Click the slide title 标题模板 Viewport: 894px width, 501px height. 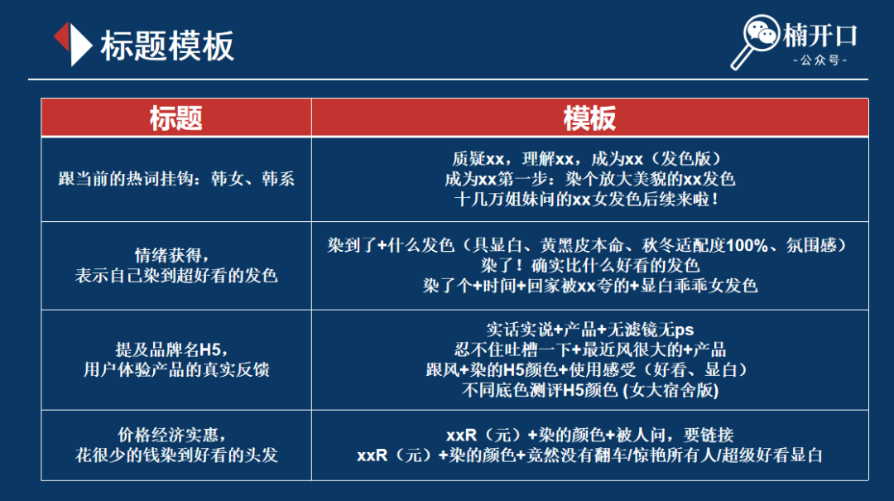pos(167,46)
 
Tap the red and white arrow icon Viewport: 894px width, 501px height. pos(72,44)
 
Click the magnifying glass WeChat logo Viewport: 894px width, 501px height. pos(754,41)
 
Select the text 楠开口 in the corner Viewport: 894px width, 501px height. pos(819,36)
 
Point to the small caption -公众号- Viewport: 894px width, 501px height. pos(819,60)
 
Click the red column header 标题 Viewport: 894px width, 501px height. pos(176,118)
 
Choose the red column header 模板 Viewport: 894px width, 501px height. pos(589,118)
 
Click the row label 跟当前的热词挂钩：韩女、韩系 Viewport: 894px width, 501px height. pos(176,179)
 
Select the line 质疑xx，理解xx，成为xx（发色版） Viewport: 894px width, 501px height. pos(589,159)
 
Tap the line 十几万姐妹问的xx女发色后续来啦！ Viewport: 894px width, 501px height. pos(589,199)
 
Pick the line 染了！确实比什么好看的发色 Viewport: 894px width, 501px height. pos(589,266)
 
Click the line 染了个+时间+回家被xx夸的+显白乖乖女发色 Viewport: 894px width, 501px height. pos(589,286)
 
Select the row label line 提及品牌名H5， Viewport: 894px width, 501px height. pos(172,349)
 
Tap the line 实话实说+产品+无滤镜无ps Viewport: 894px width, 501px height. pos(589,330)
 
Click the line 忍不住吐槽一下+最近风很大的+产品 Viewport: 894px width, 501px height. pos(589,349)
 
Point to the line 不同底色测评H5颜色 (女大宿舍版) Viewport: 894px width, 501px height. pos(589,390)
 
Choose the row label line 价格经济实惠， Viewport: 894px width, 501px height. pos(172,436)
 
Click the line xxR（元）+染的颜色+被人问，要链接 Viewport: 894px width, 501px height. pos(589,436)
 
